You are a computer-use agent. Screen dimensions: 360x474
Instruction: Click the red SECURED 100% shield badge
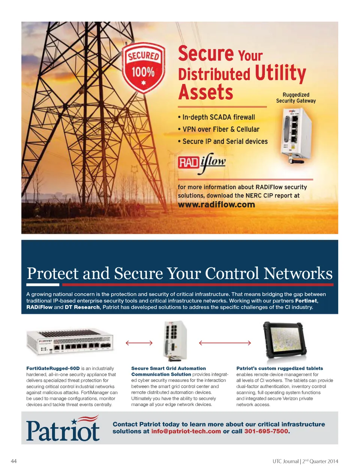pyautogui.click(x=144, y=68)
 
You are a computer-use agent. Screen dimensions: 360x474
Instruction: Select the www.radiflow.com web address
pyautogui.click(x=216, y=205)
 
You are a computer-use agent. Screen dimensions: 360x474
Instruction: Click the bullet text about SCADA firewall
pyautogui.click(x=216, y=117)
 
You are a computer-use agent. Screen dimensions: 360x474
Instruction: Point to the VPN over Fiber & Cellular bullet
pyautogui.click(x=219, y=129)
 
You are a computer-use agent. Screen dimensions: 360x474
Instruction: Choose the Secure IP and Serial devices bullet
pyautogui.click(x=223, y=141)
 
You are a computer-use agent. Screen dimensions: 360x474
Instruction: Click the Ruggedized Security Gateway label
pyautogui.click(x=296, y=97)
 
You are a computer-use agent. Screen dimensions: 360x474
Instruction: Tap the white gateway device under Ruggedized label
pyautogui.click(x=296, y=135)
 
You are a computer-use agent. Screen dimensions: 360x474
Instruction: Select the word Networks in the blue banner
pyautogui.click(x=298, y=274)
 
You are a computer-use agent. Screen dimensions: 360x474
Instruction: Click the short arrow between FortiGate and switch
pyautogui.click(x=139, y=343)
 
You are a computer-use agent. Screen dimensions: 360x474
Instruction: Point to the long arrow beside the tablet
pyautogui.click(x=225, y=343)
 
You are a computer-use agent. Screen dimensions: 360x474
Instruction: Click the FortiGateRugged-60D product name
pyautogui.click(x=53, y=368)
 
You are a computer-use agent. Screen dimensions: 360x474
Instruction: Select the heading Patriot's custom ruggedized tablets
pyautogui.click(x=280, y=368)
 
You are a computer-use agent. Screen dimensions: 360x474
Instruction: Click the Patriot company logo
pyautogui.click(x=63, y=428)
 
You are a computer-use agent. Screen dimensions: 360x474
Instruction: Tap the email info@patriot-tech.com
pyautogui.click(x=186, y=431)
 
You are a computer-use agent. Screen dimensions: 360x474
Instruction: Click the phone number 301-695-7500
pyautogui.click(x=266, y=431)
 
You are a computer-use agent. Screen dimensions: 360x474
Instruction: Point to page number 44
pyautogui.click(x=13, y=461)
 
